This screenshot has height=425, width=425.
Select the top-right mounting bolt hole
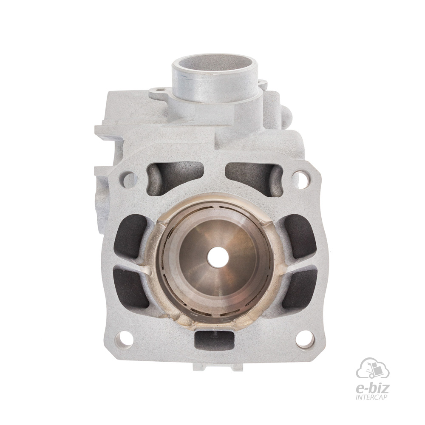(x=300, y=175)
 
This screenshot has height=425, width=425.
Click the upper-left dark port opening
(x=130, y=236)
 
